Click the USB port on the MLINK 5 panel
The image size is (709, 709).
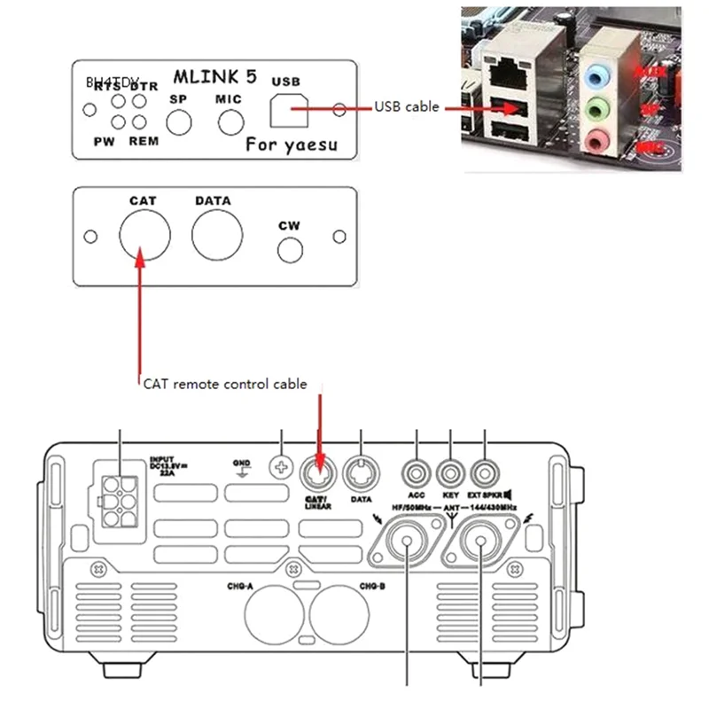(x=285, y=110)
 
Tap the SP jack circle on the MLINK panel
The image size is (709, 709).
(x=181, y=121)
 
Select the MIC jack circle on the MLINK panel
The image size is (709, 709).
(x=230, y=121)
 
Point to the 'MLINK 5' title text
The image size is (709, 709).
(x=214, y=77)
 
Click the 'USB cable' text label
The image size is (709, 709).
(x=406, y=107)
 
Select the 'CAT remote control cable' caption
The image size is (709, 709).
(x=225, y=385)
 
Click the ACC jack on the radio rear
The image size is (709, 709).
(x=417, y=469)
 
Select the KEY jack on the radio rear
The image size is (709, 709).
(x=451, y=469)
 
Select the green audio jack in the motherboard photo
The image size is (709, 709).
(x=599, y=112)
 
